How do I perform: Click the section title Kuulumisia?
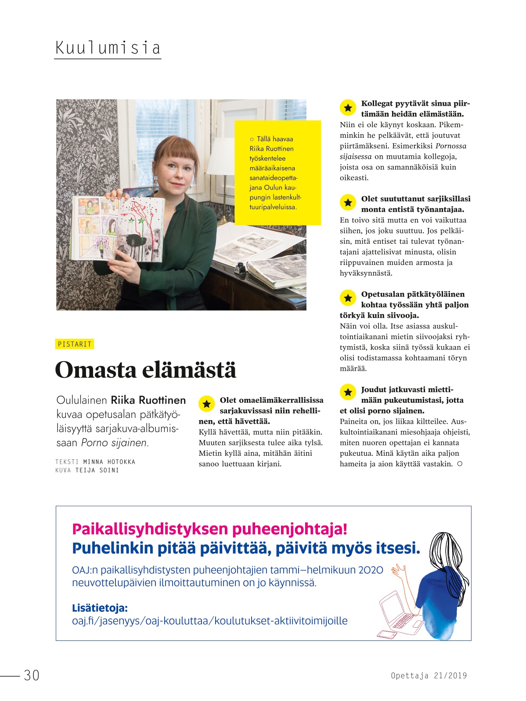pyautogui.click(x=108, y=47)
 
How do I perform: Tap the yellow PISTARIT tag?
pyautogui.click(x=75, y=344)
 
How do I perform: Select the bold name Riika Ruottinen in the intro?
pyautogui.click(x=148, y=400)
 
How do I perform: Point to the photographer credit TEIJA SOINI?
pyautogui.click(x=97, y=470)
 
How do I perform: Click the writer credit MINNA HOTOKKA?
pyautogui.click(x=109, y=461)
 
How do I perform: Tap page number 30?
pyautogui.click(x=32, y=675)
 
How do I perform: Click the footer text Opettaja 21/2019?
pyautogui.click(x=429, y=676)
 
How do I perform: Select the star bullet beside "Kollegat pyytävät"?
pyautogui.click(x=348, y=107)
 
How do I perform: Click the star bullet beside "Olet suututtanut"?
pyautogui.click(x=348, y=202)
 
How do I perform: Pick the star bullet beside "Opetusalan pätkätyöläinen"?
pyautogui.click(x=348, y=298)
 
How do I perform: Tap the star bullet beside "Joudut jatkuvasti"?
pyautogui.click(x=348, y=392)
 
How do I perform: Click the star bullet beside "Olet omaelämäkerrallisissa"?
pyautogui.click(x=206, y=404)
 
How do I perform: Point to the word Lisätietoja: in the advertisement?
pyautogui.click(x=100, y=608)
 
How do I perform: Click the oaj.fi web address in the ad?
pyautogui.click(x=209, y=621)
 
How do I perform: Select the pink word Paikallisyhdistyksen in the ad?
pyautogui.click(x=151, y=529)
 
